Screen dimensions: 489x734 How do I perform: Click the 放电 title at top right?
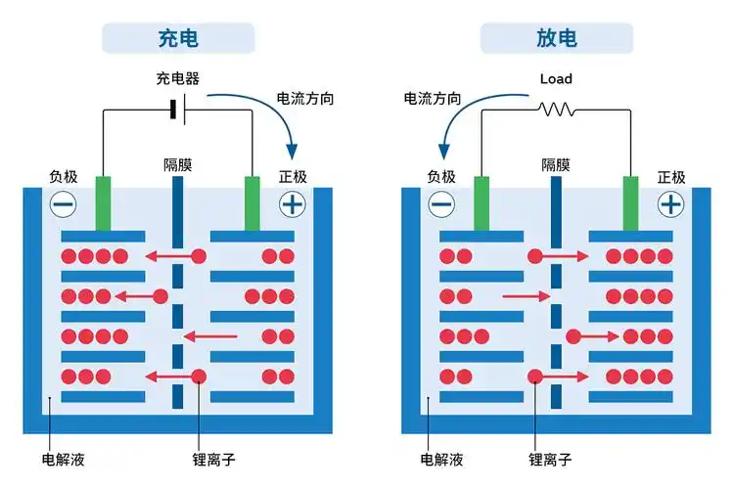[556, 38]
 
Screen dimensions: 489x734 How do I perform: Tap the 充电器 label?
[177, 78]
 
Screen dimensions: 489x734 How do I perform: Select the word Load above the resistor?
[556, 78]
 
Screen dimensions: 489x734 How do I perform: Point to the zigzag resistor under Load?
[556, 110]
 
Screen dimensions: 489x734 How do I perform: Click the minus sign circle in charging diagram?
[63, 203]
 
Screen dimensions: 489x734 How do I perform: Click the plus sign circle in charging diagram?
[292, 203]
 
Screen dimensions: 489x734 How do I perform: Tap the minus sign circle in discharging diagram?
[441, 203]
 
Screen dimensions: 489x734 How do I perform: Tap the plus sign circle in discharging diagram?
[670, 203]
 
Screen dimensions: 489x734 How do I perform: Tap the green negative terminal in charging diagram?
[103, 202]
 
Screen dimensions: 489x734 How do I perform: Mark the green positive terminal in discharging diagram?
[631, 202]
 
